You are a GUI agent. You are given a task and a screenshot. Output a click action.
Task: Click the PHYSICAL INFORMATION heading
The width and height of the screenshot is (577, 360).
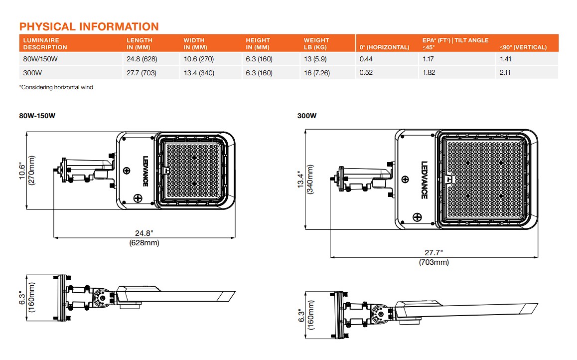(89, 26)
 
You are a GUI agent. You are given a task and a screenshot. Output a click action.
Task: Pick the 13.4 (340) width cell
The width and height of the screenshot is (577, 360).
(199, 73)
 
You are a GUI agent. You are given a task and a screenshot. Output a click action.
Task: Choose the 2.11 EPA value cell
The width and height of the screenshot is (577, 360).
(506, 73)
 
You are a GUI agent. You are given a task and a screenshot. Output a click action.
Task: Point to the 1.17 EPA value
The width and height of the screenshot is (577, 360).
(429, 59)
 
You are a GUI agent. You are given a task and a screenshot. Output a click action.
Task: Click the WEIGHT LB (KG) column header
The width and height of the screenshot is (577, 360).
(316, 44)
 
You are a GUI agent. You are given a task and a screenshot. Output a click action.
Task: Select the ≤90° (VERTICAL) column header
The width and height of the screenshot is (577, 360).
(523, 47)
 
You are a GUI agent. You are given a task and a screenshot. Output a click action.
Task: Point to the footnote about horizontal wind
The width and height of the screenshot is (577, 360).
(56, 87)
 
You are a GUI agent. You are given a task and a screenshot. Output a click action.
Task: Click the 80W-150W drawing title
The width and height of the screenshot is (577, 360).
(37, 116)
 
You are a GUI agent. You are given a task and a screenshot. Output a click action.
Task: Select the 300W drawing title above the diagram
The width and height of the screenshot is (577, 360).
(307, 116)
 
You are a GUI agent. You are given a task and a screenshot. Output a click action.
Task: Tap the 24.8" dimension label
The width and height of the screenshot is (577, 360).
(144, 233)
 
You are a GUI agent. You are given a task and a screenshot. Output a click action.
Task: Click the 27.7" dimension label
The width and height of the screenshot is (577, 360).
(433, 253)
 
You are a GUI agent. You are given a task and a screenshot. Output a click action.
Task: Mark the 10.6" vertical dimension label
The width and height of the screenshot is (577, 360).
(22, 171)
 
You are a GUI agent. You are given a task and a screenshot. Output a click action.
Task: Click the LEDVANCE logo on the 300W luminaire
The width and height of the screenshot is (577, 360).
(424, 180)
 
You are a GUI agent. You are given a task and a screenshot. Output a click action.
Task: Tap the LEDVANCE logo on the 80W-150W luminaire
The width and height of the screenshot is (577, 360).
(144, 171)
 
